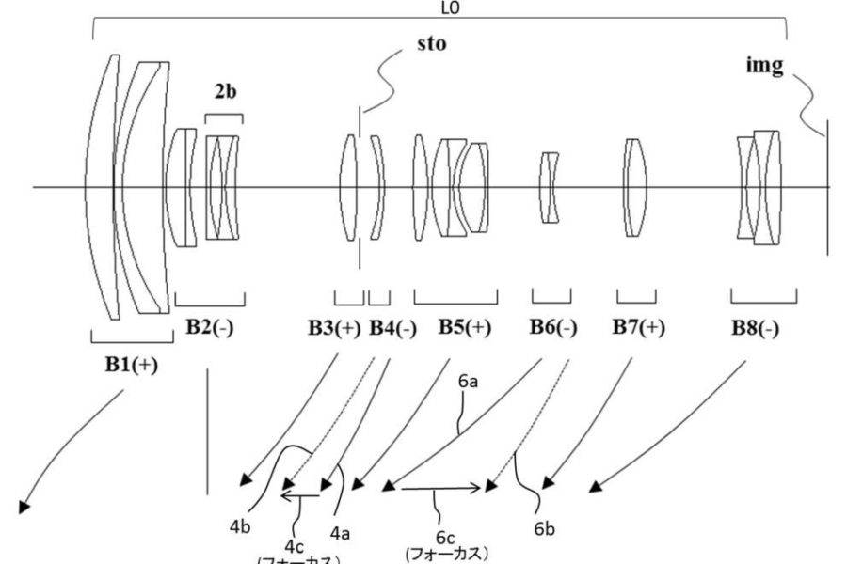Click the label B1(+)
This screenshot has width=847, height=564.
click(131, 366)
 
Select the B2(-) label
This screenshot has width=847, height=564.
click(210, 328)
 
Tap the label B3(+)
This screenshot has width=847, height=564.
click(336, 328)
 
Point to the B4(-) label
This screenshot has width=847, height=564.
click(392, 328)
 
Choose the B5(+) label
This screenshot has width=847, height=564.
click(464, 328)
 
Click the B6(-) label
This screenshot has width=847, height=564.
click(552, 328)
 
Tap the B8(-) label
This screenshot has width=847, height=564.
click(754, 328)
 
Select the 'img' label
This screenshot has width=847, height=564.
click(763, 69)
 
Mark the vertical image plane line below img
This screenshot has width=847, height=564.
click(828, 188)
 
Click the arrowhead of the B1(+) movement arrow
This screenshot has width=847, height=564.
click(22, 508)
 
